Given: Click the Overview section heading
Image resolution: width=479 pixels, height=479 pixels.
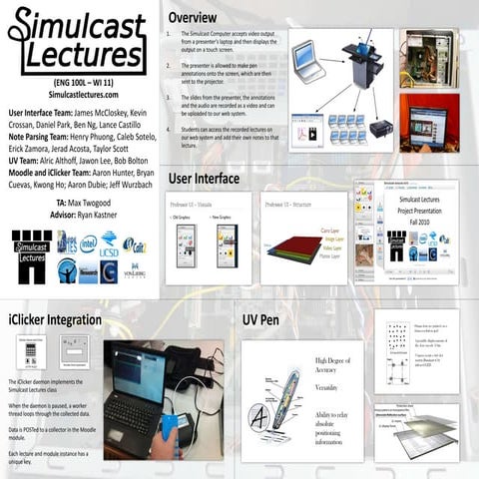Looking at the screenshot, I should (202, 19).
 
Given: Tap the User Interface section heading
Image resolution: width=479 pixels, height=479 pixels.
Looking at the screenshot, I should (204, 179).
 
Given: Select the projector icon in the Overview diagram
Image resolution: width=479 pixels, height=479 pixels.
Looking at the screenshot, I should (379, 129).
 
